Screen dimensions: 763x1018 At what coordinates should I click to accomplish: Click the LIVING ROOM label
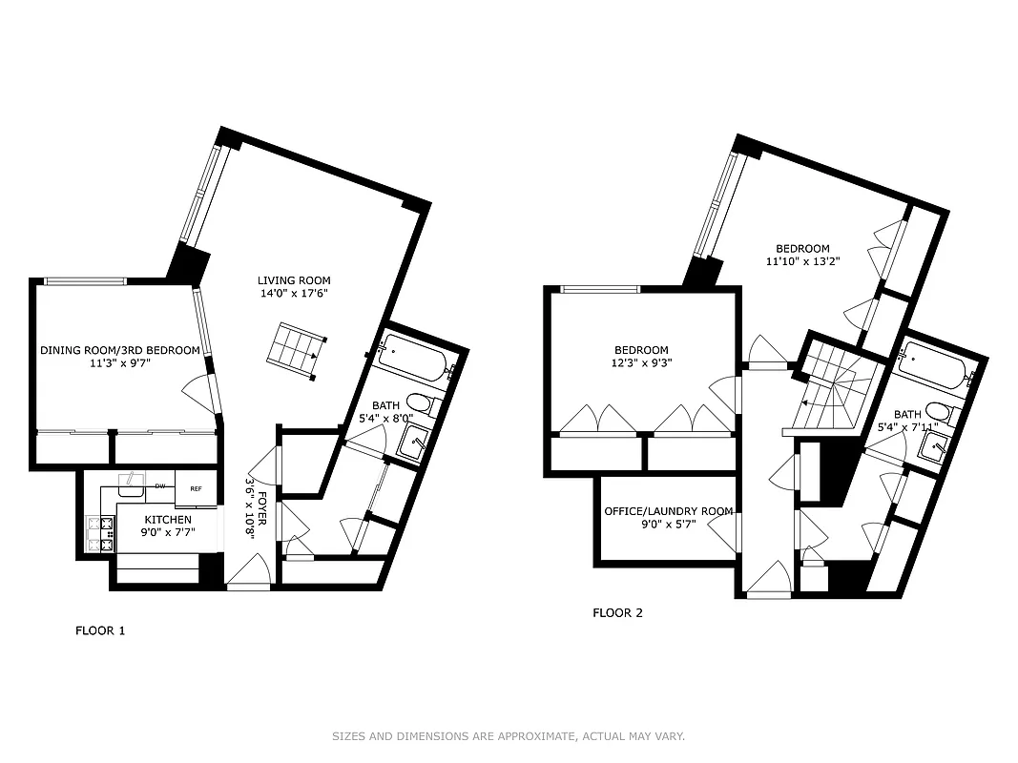click(x=294, y=280)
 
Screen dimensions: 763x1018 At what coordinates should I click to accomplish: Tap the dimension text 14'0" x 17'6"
click(x=294, y=293)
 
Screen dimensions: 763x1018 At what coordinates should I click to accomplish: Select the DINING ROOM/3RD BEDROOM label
click(x=120, y=350)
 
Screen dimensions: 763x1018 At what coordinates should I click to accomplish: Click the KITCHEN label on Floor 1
click(x=168, y=520)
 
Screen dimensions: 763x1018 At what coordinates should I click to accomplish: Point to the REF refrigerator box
click(x=196, y=488)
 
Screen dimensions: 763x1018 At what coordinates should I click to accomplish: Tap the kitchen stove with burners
click(x=95, y=534)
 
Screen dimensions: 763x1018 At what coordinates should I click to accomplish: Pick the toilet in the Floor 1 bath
click(x=419, y=403)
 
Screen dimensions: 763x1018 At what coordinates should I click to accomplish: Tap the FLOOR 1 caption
click(x=100, y=630)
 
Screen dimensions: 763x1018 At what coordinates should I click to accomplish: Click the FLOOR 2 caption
click(x=618, y=612)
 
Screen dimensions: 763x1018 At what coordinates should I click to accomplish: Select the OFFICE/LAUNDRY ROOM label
click(x=668, y=511)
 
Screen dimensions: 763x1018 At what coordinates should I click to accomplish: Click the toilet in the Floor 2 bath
click(x=939, y=413)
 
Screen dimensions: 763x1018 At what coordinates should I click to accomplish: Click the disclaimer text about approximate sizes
click(x=509, y=736)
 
